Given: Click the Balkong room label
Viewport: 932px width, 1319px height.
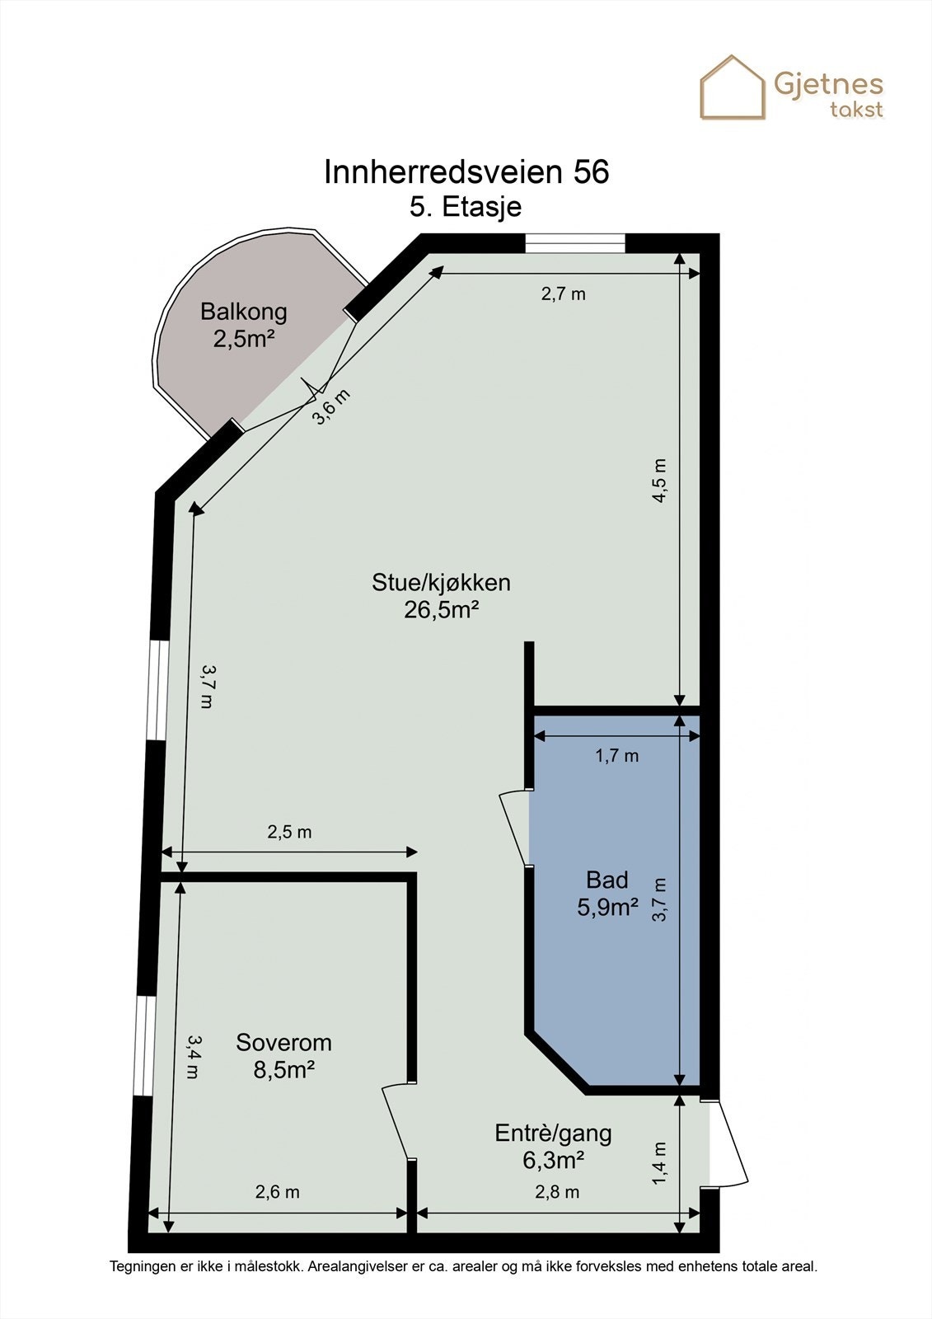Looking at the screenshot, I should coord(244,312).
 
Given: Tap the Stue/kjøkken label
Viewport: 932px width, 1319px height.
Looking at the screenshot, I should coord(441,582).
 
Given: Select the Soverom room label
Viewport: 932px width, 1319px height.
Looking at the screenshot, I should coord(283,1042).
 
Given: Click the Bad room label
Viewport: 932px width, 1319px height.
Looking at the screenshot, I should coord(607,880).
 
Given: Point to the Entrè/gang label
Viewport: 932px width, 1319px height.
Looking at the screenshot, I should coord(553,1133).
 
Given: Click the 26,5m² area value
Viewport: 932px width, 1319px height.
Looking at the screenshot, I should coord(442,609).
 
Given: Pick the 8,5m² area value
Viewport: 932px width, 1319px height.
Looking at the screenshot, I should coord(284,1069).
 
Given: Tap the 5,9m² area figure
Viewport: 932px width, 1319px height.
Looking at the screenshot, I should coord(608,908).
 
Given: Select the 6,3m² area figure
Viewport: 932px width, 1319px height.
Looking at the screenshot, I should coord(553,1160).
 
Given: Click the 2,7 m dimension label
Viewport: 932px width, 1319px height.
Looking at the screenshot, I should coord(563,293).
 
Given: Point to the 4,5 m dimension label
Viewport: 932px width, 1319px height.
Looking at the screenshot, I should coord(659,480).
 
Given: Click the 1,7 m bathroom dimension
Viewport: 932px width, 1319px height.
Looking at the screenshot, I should coord(617,755).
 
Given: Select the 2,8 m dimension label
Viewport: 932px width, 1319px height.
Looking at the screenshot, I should coord(557,1191).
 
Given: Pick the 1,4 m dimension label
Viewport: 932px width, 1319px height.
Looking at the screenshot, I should coord(659,1163).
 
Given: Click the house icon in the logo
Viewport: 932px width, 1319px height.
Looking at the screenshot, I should coord(732,87).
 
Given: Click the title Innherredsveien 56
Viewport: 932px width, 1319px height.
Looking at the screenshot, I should coord(466,172).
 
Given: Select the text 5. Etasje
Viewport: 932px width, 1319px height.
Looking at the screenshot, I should coord(466,206).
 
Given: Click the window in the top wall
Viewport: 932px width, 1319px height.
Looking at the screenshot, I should coord(575,242).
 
